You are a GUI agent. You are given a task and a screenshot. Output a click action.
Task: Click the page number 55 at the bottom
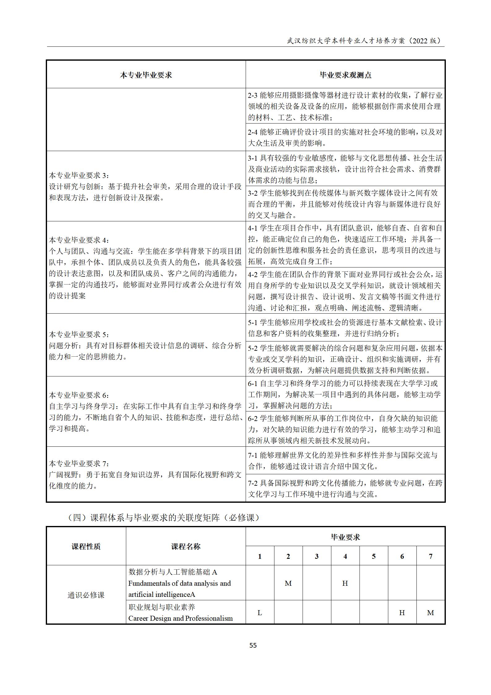253,645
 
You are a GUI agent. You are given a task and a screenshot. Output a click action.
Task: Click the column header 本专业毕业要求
146,75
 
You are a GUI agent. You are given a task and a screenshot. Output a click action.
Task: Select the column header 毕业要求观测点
345,75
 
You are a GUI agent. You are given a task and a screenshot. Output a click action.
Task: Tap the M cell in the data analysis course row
288,583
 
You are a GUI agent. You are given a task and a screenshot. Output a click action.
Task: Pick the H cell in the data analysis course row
345,583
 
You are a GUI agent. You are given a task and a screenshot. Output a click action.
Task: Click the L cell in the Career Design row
260,613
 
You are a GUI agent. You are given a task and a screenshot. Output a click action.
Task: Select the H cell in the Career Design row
402,613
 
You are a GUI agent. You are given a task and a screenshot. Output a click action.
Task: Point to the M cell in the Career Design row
430,613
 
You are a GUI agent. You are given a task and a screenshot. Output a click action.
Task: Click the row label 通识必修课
86,595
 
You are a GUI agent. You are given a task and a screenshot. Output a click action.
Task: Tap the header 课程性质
86,546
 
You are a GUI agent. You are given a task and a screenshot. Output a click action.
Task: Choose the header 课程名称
186,546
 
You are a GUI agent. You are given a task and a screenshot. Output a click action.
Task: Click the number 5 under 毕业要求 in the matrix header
373,556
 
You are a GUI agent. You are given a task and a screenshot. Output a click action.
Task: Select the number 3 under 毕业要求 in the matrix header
317,556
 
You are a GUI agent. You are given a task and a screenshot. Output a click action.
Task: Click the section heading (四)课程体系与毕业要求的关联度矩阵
163,517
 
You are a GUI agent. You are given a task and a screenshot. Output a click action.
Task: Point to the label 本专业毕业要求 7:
79,463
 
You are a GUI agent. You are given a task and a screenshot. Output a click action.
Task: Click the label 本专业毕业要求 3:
79,175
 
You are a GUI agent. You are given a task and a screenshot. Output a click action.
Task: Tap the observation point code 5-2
252,348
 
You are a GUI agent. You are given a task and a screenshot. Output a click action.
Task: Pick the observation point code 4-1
252,228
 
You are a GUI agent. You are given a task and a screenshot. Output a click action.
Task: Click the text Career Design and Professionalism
180,618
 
